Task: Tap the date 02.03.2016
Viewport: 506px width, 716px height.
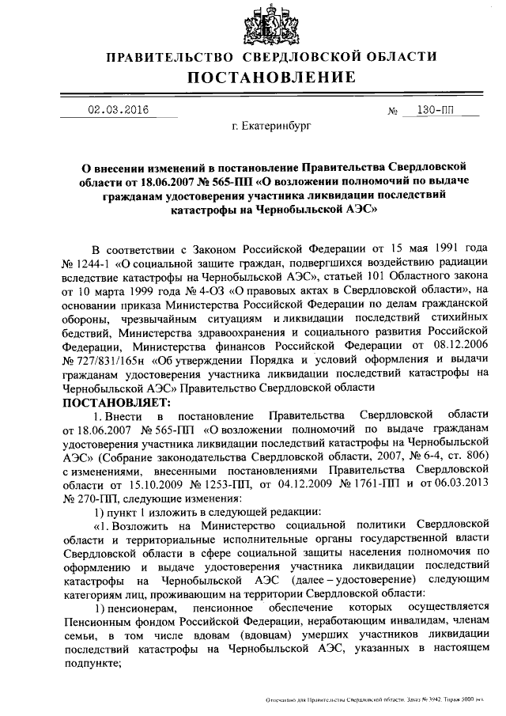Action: (x=118, y=109)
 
